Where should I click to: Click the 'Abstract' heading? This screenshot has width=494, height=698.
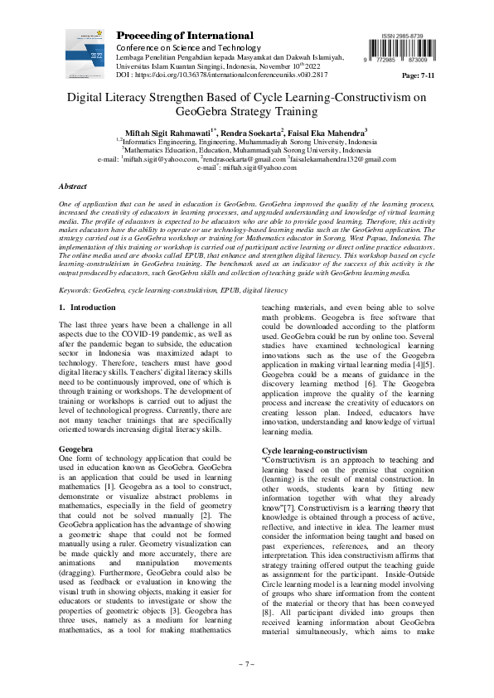(73, 187)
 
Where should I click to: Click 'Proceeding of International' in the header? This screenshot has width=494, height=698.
(183, 35)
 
